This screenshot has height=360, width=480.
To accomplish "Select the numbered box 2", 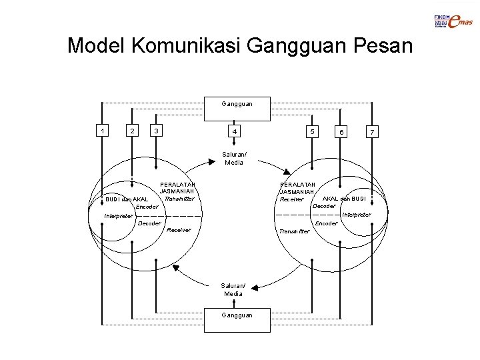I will (133, 131).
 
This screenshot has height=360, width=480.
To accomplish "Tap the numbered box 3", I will (155, 131).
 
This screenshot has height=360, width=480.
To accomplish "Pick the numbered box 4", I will (233, 132).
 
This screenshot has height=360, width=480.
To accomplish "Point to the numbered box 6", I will (341, 132).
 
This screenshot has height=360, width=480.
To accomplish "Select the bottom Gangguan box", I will (237, 315).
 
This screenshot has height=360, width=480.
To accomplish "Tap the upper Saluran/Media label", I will (234, 159).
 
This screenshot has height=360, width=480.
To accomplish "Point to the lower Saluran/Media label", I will (233, 290).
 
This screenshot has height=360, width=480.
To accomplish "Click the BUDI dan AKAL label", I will (127, 199).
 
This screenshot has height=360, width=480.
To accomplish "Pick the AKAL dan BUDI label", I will (344, 199).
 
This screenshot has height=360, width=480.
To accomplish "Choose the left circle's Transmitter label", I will (179, 198).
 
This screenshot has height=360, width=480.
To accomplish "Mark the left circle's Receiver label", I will (179, 230).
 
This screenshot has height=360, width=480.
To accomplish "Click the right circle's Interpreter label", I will (357, 215).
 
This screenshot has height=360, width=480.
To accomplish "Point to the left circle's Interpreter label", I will (119, 215).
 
